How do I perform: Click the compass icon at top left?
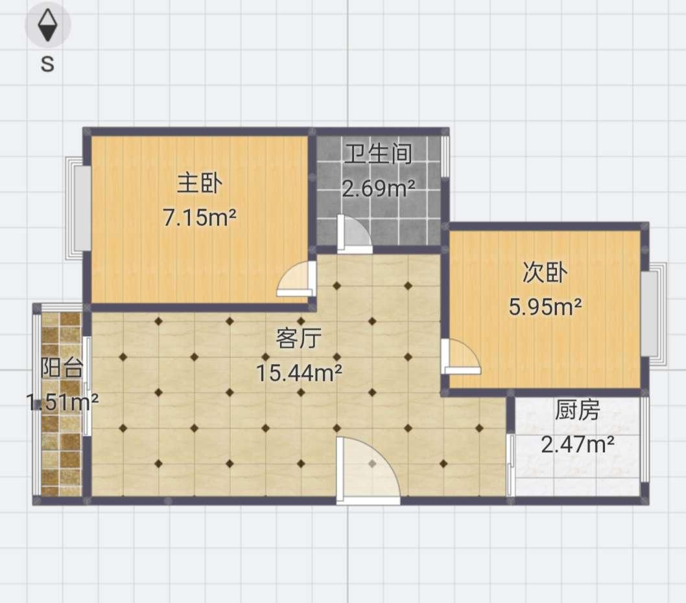pos(48,26)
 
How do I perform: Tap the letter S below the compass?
pos(47,63)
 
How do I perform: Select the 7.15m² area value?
pos(199,218)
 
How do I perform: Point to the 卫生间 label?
pos(378,154)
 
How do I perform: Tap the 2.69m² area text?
pos(378,188)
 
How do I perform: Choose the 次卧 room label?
pos(545,273)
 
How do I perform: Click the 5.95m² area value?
pos(545,306)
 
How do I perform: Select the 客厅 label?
pos(299,337)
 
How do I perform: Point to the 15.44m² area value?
pos(299,372)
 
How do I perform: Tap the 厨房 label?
pos(577,410)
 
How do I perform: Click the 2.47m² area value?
pos(577,444)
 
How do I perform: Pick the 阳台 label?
pos(62,368)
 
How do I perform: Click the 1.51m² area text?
pos(62,402)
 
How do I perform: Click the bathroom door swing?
pos(354,234)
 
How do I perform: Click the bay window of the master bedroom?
pos(80,209)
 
